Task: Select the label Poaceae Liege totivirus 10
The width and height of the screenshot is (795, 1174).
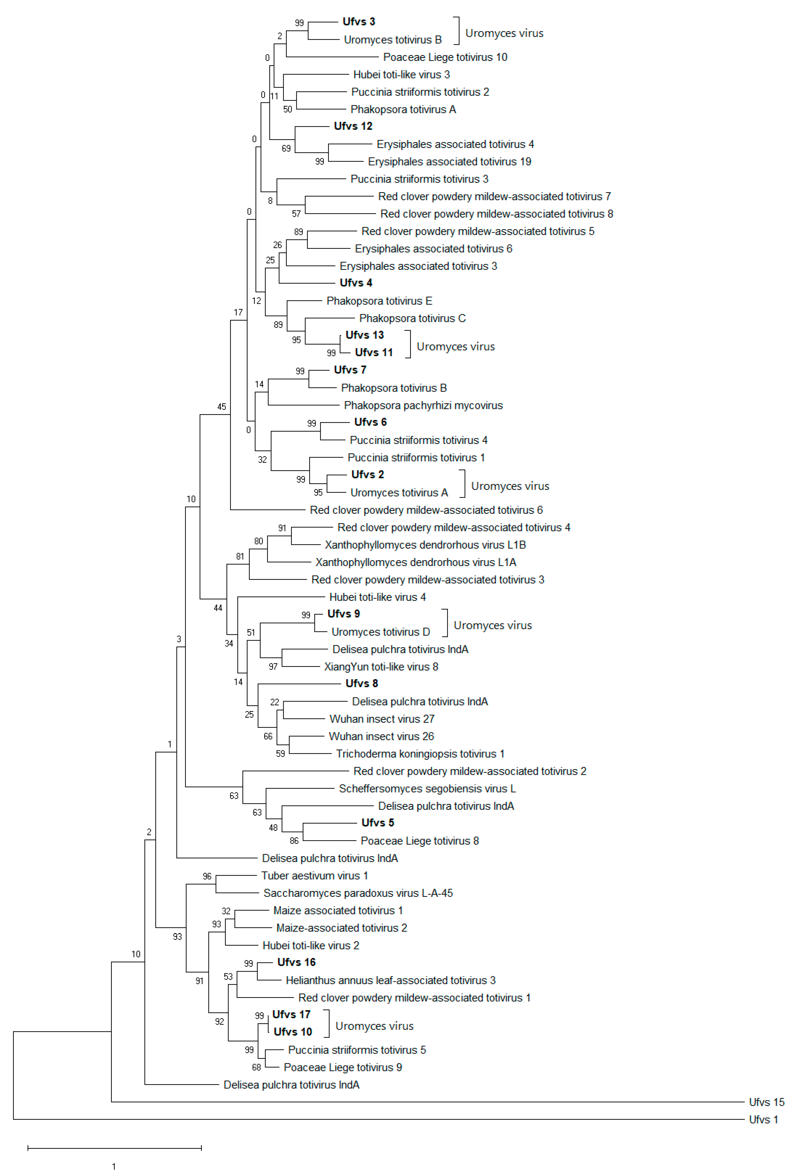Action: [x=445, y=57]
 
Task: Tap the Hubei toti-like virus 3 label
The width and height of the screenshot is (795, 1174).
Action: [x=401, y=75]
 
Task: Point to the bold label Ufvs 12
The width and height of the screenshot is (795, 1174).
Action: [x=353, y=126]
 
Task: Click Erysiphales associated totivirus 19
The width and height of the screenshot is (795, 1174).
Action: [x=449, y=162]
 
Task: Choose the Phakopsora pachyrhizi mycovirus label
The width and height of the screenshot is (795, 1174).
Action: [x=423, y=406]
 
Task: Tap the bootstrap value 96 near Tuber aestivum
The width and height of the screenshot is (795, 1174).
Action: [x=207, y=876]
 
